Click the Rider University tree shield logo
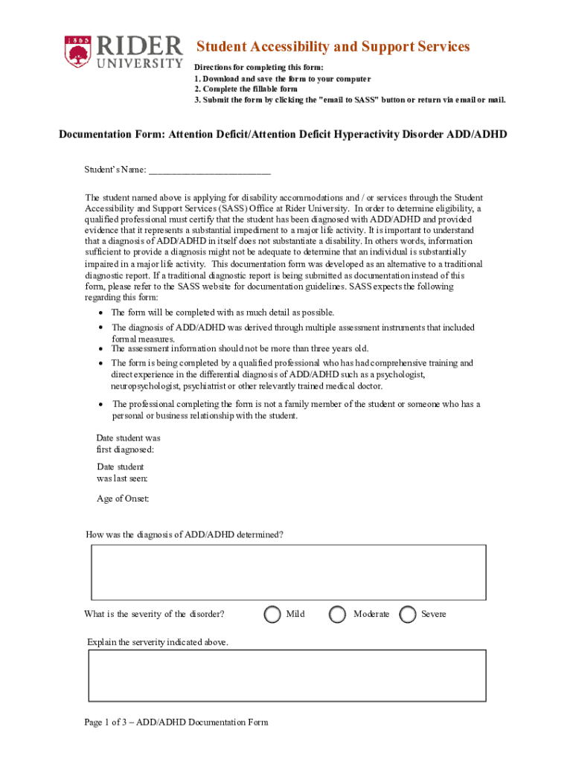(76, 51)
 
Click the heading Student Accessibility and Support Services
(332, 47)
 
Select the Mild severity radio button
(273, 614)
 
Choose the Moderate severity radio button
(338, 614)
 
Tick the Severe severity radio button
(408, 614)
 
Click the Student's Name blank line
(209, 170)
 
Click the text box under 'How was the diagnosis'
(289, 572)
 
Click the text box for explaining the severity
(287, 676)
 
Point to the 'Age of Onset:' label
(123, 499)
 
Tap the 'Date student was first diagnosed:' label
(128, 444)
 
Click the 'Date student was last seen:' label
(122, 473)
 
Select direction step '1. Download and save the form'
(282, 78)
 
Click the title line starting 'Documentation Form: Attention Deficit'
(283, 134)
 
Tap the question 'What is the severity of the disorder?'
(155, 614)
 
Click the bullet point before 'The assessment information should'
(100, 348)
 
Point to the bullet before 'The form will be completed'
(100, 313)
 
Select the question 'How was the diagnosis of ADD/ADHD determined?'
(185, 534)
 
